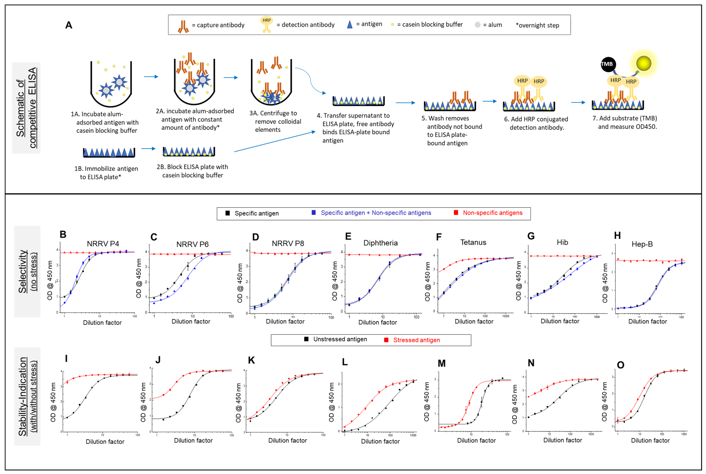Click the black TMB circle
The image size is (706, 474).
[608, 64]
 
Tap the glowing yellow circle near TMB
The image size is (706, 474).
[643, 64]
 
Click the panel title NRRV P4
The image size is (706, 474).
[103, 244]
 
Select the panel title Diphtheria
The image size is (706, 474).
[380, 243]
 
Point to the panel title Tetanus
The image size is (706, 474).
[473, 242]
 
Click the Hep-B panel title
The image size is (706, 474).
[642, 244]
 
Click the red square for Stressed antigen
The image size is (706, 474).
[386, 340]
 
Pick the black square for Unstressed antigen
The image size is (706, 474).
[306, 339]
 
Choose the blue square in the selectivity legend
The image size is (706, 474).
[314, 213]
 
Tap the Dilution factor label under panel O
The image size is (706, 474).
[650, 440]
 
